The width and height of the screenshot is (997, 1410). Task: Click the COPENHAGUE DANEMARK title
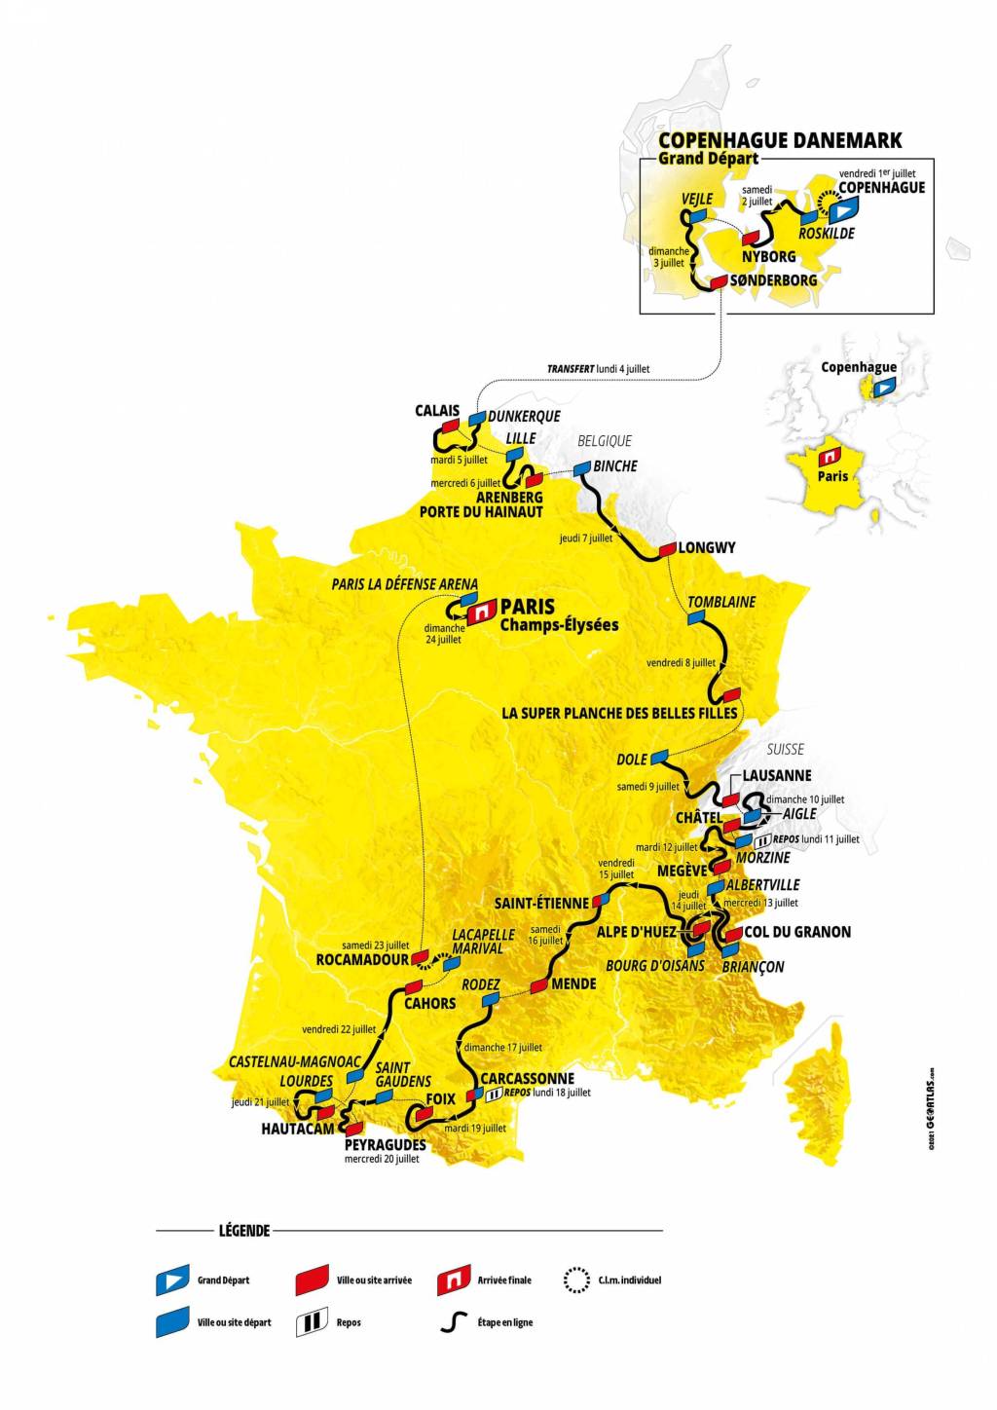point(779,140)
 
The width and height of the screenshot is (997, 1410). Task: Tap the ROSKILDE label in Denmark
point(826,234)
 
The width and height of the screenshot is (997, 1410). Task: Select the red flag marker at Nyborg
point(751,238)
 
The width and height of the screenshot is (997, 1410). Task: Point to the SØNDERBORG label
point(772,280)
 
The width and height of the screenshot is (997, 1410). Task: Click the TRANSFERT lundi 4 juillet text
point(598,369)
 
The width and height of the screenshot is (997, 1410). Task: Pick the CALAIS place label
point(436,411)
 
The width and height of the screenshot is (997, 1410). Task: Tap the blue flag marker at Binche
point(581,468)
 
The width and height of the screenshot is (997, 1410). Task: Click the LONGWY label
point(707,547)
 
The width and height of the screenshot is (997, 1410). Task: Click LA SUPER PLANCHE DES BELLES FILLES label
point(619,713)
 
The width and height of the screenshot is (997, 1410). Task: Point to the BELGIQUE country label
point(605,441)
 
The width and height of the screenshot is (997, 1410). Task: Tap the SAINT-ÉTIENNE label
point(541,903)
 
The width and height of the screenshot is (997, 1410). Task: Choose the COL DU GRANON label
point(797,932)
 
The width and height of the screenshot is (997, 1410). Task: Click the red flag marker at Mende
point(538,985)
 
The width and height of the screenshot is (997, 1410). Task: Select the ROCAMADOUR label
point(362,958)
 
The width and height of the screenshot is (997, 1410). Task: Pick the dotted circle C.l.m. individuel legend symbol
point(576,1280)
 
